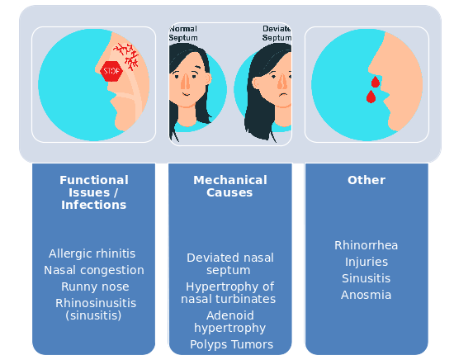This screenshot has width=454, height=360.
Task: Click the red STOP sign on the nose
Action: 111,71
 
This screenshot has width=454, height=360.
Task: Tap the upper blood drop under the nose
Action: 376,82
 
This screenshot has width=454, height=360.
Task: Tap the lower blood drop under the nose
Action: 371,97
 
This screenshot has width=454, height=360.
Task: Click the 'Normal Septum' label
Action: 183,33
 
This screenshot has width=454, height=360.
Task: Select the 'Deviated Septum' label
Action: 277,33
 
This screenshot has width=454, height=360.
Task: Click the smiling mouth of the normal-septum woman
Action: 187,94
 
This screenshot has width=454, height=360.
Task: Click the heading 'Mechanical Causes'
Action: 230,187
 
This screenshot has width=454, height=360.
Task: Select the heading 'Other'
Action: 367,180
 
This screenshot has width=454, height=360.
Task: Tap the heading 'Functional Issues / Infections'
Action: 94,192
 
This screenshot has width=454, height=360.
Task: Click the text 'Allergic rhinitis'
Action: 92,253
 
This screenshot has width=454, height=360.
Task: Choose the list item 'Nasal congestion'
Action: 94,270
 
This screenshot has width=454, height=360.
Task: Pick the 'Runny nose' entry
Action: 95,287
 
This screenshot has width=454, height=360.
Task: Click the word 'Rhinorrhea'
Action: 367,245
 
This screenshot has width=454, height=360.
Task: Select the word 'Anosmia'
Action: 366,295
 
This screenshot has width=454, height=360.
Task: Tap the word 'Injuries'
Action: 367,262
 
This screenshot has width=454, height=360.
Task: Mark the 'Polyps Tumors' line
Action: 231,344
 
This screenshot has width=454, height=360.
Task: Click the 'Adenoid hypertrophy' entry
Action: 230,322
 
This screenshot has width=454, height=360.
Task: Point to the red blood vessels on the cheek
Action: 126,56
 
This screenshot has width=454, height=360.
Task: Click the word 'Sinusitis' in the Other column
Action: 366,278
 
